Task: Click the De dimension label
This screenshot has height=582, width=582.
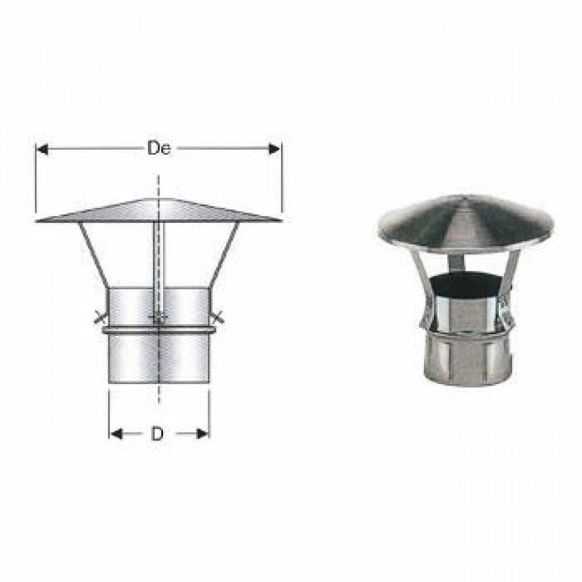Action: pyautogui.click(x=159, y=149)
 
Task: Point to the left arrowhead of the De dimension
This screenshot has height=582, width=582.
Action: pyautogui.click(x=40, y=149)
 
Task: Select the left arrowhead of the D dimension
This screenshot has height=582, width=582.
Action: pyautogui.click(x=114, y=433)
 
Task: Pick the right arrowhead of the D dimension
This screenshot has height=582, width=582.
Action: pyautogui.click(x=204, y=433)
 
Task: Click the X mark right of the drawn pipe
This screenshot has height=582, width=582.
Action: pyautogui.click(x=219, y=317)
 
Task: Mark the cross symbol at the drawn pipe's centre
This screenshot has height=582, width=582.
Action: pyautogui.click(x=158, y=317)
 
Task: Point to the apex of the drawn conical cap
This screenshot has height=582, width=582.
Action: pyautogui.click(x=158, y=199)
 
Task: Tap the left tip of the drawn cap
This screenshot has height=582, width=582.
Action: pyautogui.click(x=39, y=221)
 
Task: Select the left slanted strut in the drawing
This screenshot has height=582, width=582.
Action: pyautogui.click(x=94, y=254)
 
